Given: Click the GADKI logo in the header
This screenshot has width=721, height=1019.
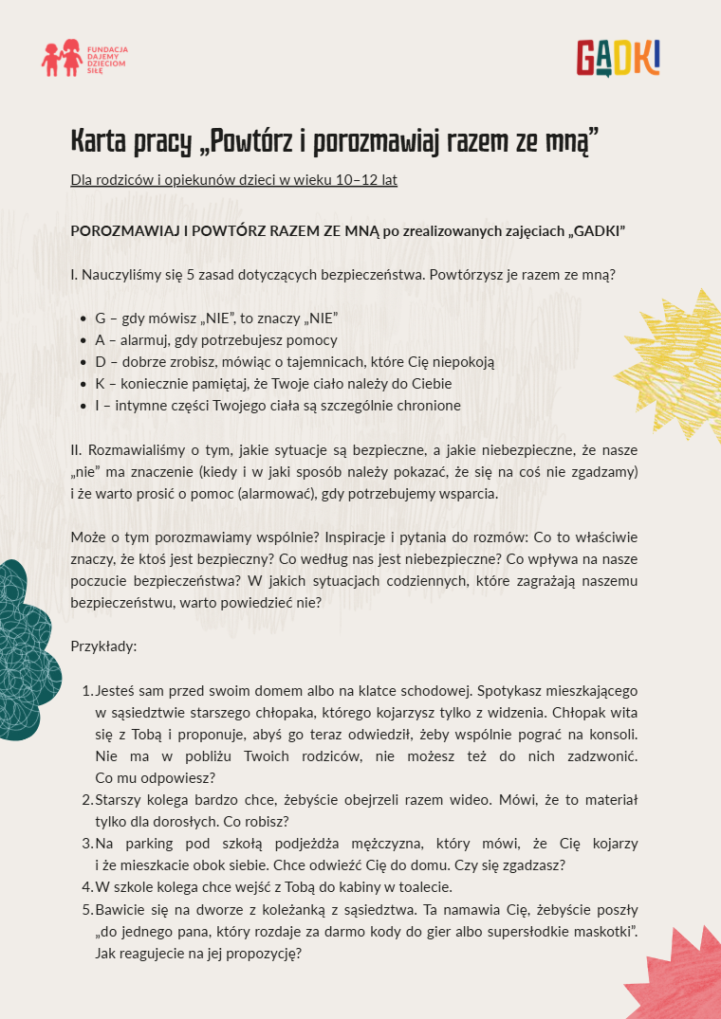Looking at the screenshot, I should point(618,58).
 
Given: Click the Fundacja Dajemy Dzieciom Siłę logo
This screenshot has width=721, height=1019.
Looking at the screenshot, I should point(84,58).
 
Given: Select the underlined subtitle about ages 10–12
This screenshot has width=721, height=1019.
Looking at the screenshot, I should point(233,180).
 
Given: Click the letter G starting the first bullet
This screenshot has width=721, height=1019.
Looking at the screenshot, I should point(100,318).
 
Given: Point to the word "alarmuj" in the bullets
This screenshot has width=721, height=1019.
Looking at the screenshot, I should point(144,340).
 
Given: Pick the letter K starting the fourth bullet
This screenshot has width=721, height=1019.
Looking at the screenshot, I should point(100,384).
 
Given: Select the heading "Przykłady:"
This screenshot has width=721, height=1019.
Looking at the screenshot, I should point(103,646).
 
